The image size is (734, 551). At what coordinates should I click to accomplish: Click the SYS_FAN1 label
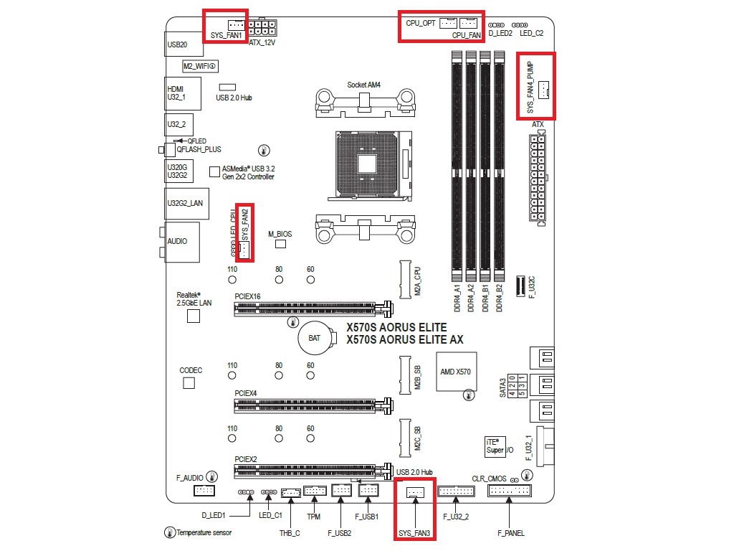click(x=226, y=34)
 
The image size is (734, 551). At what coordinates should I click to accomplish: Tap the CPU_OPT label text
click(x=420, y=23)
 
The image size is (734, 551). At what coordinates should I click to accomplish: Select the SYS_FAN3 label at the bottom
click(x=415, y=532)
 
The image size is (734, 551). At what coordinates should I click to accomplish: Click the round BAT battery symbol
click(x=315, y=337)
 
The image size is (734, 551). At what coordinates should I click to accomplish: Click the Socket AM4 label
click(x=363, y=85)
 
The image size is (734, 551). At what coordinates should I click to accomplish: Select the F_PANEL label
click(x=511, y=533)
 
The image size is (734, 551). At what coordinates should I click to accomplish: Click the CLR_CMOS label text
click(x=489, y=478)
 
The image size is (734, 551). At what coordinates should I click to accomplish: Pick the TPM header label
click(x=313, y=516)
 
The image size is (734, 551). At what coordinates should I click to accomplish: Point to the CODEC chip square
click(x=189, y=383)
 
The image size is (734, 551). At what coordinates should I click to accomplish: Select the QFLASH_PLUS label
click(x=199, y=149)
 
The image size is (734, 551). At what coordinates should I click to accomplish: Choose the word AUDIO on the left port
click(x=177, y=241)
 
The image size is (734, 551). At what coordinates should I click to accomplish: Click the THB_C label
click(x=290, y=533)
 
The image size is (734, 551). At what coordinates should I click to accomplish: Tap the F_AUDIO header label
click(x=189, y=477)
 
